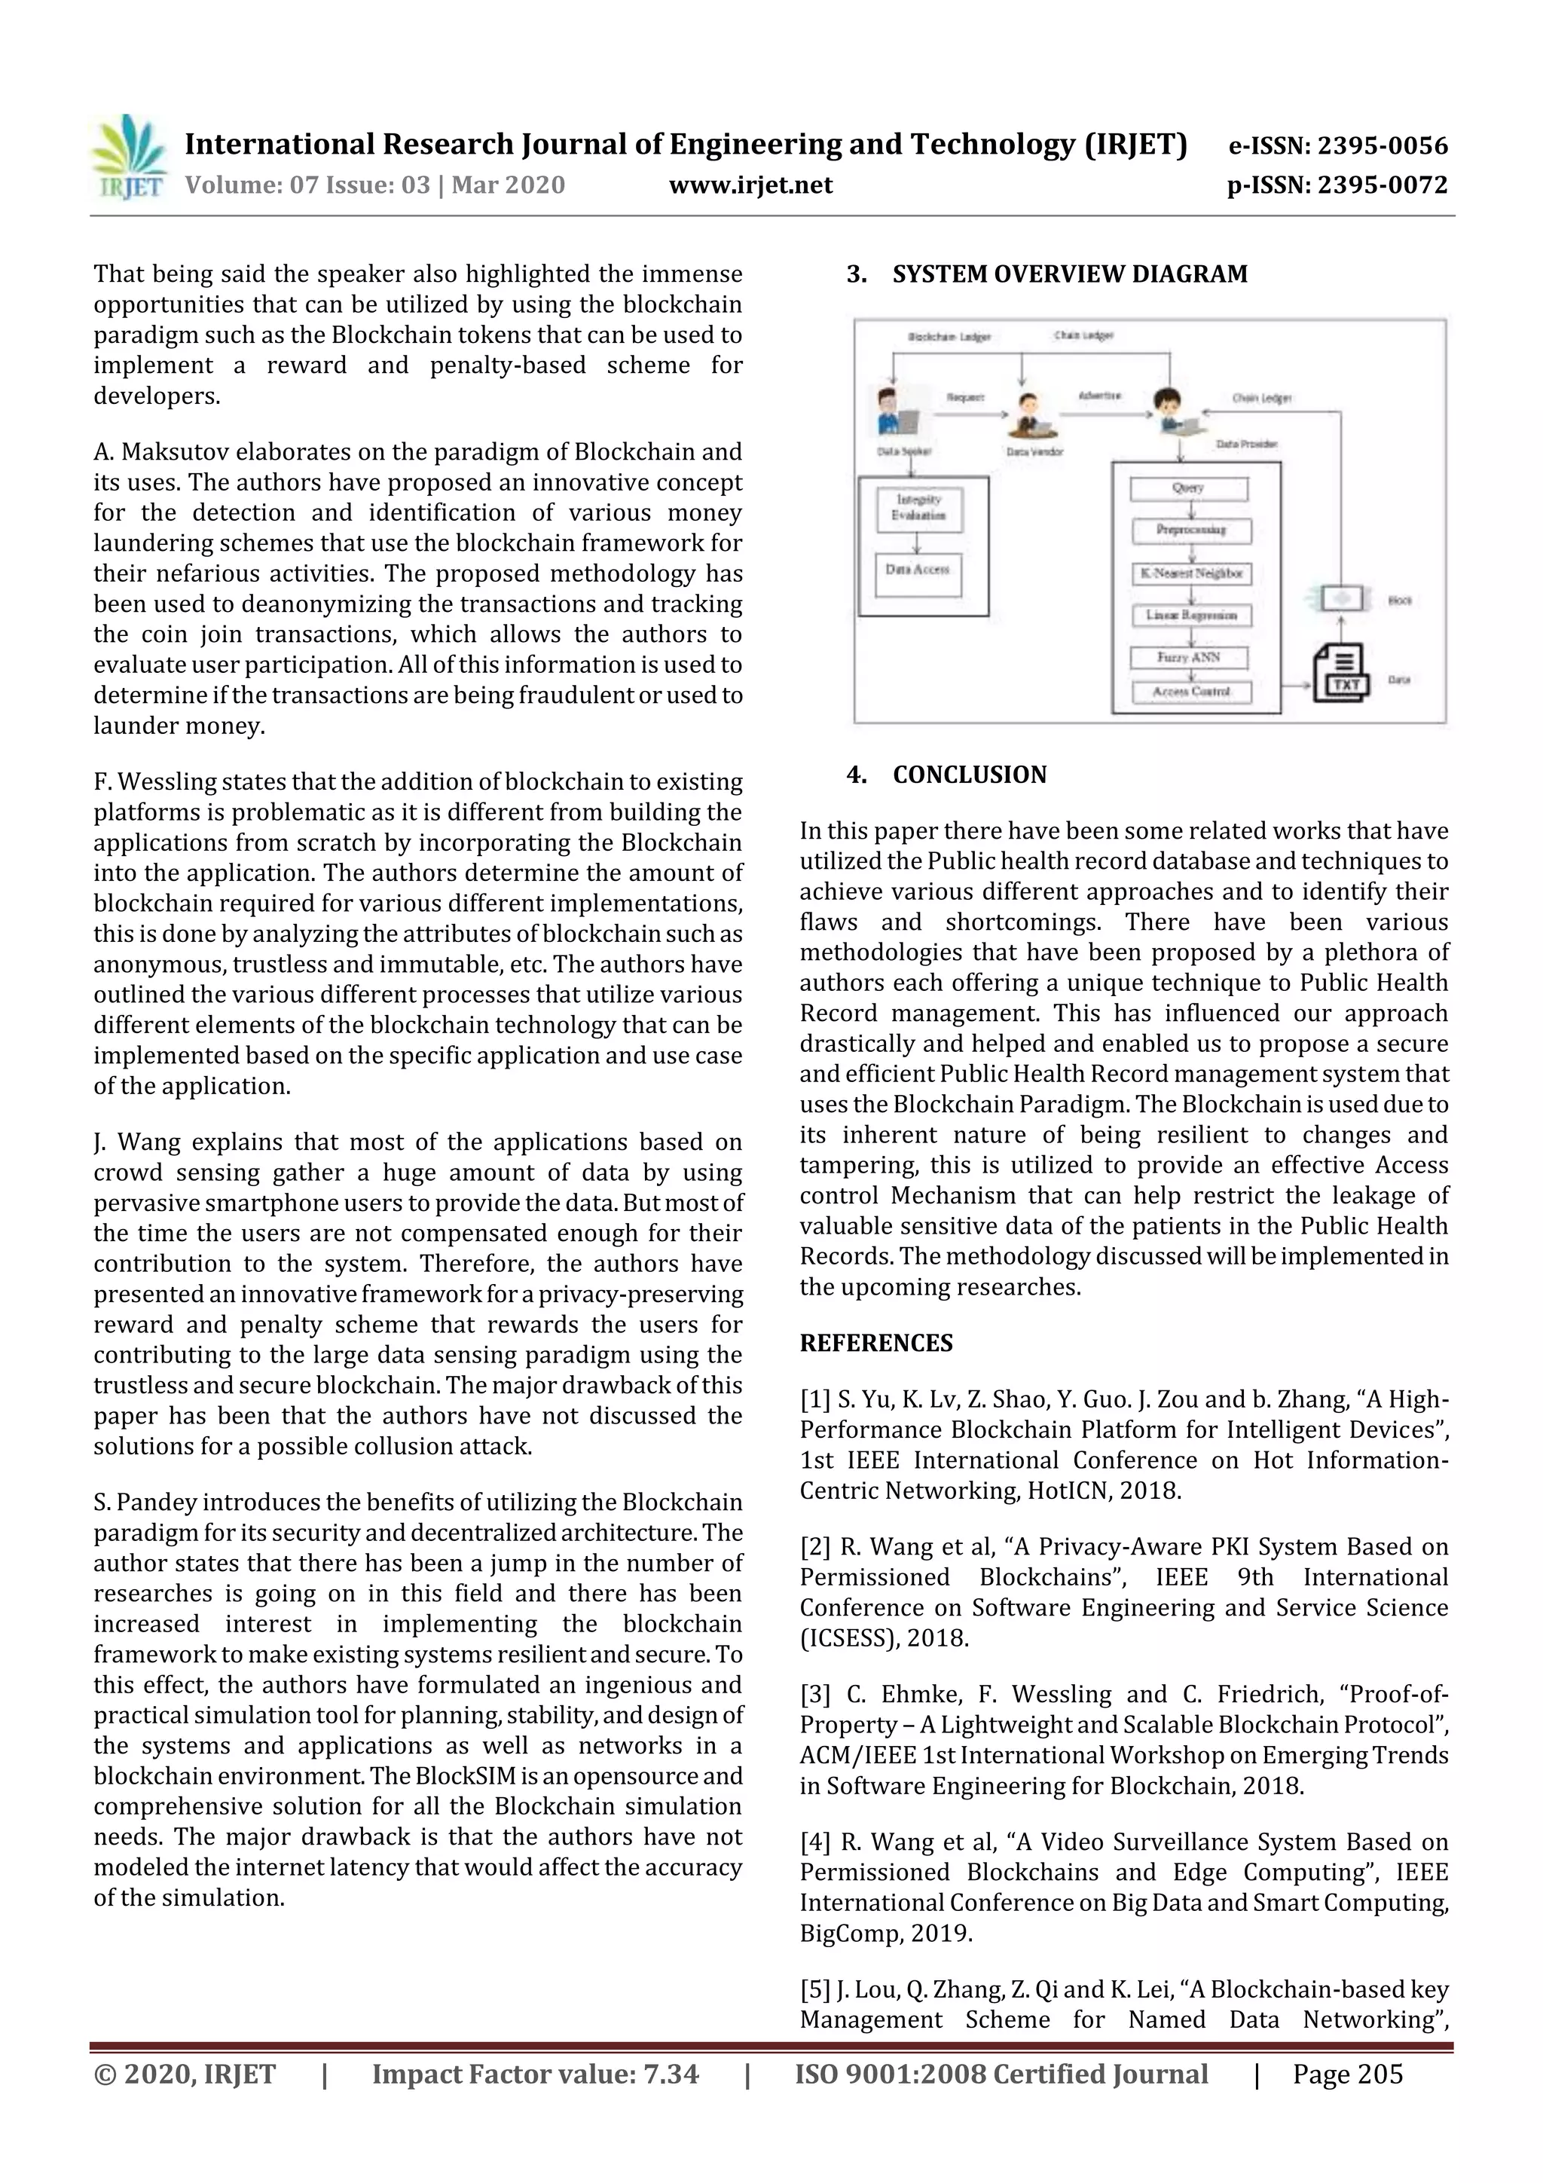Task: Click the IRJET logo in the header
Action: coord(128,157)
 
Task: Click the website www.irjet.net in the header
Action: coord(750,185)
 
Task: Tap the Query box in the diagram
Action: coord(1188,489)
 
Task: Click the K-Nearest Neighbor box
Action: coord(1191,574)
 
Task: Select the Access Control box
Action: coord(1191,693)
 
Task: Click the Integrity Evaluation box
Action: coord(918,509)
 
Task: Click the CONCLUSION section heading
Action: coord(969,775)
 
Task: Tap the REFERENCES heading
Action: coord(875,1344)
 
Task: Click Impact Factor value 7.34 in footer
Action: coord(534,2074)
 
